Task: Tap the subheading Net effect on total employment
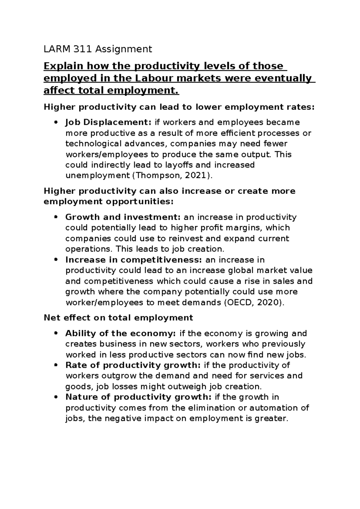118,318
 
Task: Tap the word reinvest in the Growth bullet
199,239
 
